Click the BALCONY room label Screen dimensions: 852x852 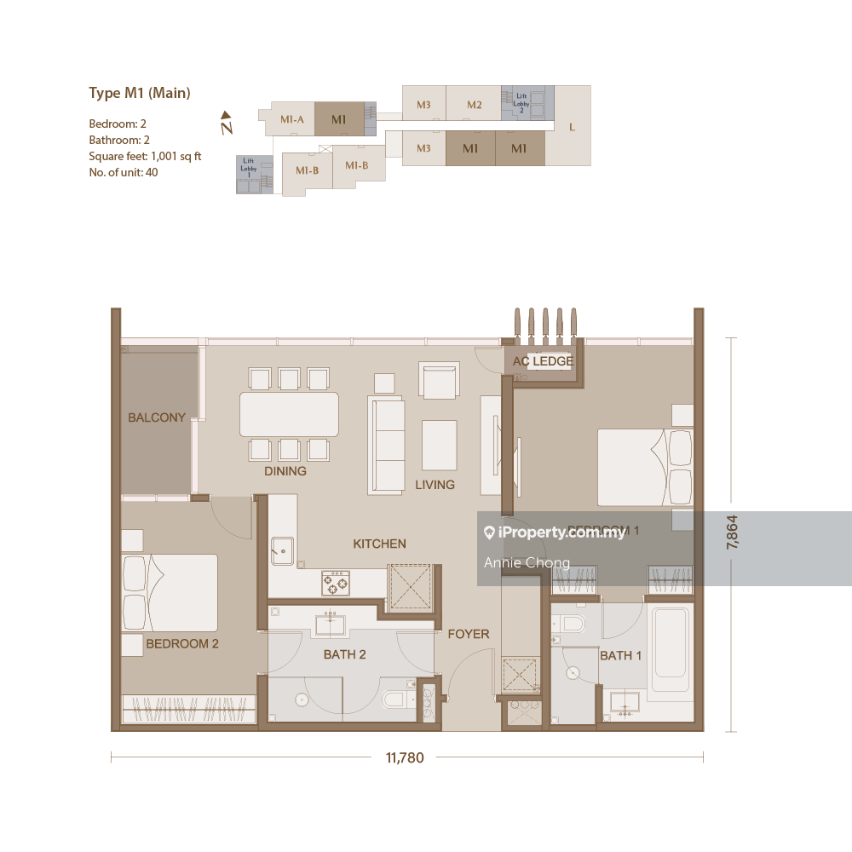tap(157, 417)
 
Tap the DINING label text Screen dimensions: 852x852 tap(285, 471)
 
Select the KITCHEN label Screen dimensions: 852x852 tap(380, 544)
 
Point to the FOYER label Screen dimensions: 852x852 tap(469, 634)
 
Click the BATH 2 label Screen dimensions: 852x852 tap(344, 655)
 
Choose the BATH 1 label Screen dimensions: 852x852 tap(621, 656)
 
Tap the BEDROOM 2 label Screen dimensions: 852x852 tap(182, 644)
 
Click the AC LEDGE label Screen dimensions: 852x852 tap(543, 361)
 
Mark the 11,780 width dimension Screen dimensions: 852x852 tap(405, 757)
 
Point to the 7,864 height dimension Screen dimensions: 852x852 tap(732, 534)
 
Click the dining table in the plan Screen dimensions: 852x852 tap(289, 414)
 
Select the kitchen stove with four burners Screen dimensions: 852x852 tap(335, 583)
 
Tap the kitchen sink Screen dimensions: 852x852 tap(282, 550)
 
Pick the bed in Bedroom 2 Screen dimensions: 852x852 tap(170, 592)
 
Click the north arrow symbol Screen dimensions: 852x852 tap(226, 124)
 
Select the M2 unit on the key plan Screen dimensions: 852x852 tap(475, 105)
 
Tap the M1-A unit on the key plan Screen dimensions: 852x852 tap(292, 119)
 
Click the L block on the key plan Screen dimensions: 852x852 tap(572, 127)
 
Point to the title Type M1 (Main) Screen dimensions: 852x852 tap(140, 93)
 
